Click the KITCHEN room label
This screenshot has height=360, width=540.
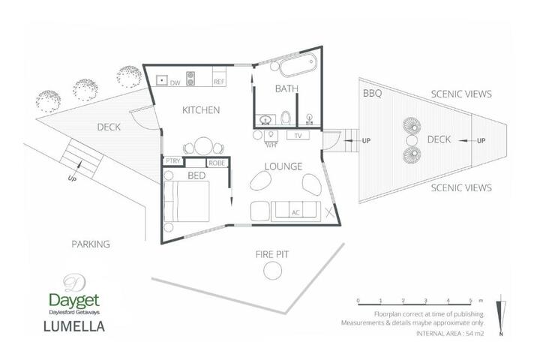[x=201, y=110]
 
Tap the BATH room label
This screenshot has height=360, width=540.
[x=286, y=89]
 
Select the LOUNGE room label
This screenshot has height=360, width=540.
[x=283, y=166]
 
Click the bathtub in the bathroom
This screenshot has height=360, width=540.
[x=298, y=64]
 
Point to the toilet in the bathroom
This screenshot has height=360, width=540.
[x=286, y=118]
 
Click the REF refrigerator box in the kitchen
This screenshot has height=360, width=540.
[x=219, y=76]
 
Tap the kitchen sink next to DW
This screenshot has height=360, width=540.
[x=161, y=80]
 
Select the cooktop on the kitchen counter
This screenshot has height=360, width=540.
[x=190, y=78]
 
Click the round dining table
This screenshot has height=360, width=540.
[x=203, y=146]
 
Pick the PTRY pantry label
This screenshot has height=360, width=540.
[x=172, y=161]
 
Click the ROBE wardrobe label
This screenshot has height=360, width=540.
[x=217, y=163]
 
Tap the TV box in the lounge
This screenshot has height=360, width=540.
[x=298, y=136]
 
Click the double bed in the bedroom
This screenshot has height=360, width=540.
[x=186, y=201]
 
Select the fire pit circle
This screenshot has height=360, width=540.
[x=272, y=271]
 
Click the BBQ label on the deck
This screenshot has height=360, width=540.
[x=372, y=94]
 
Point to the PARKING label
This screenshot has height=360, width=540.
[x=91, y=244]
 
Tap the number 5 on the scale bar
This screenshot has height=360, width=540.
[x=470, y=301]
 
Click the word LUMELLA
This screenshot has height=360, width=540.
[x=74, y=326]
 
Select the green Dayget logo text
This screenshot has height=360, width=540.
[x=74, y=301]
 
